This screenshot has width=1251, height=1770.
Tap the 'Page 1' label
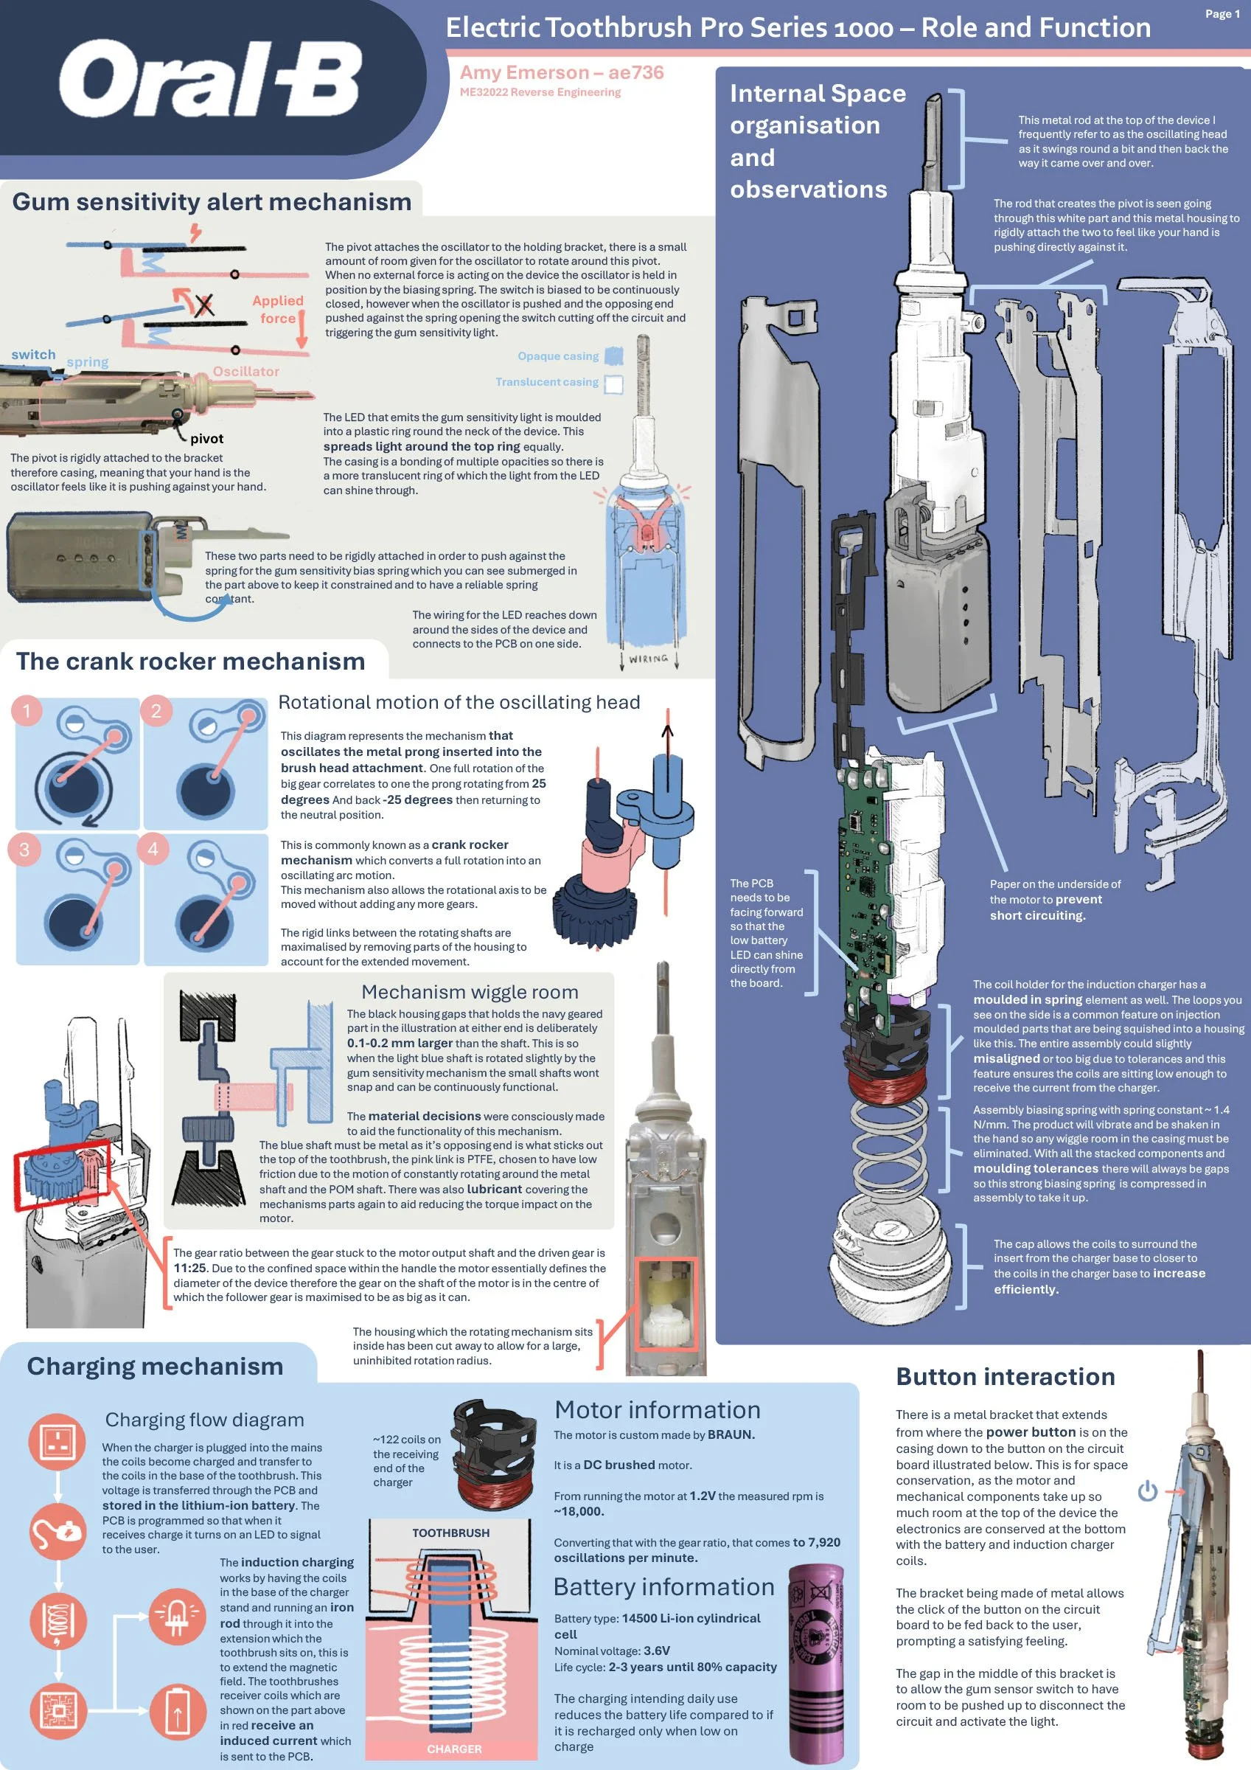click(1222, 14)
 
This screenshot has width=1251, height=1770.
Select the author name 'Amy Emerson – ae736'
click(561, 72)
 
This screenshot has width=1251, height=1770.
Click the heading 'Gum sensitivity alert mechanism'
click(212, 202)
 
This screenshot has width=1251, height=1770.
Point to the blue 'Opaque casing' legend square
click(613, 355)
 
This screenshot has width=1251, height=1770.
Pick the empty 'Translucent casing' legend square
click(613, 383)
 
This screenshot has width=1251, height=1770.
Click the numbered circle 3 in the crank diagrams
click(24, 849)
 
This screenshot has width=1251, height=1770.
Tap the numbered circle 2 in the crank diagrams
click(156, 710)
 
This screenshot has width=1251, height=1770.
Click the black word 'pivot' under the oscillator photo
click(206, 439)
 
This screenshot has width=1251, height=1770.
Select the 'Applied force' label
click(277, 309)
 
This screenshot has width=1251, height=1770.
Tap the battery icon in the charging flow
click(177, 1712)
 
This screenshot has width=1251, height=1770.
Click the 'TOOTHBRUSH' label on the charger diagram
click(451, 1533)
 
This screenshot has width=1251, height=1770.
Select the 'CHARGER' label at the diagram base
click(454, 1749)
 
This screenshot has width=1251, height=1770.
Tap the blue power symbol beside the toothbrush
click(1148, 1490)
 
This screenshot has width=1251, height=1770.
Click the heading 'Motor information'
click(658, 1409)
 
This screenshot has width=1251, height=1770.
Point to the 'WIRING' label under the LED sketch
click(648, 659)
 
